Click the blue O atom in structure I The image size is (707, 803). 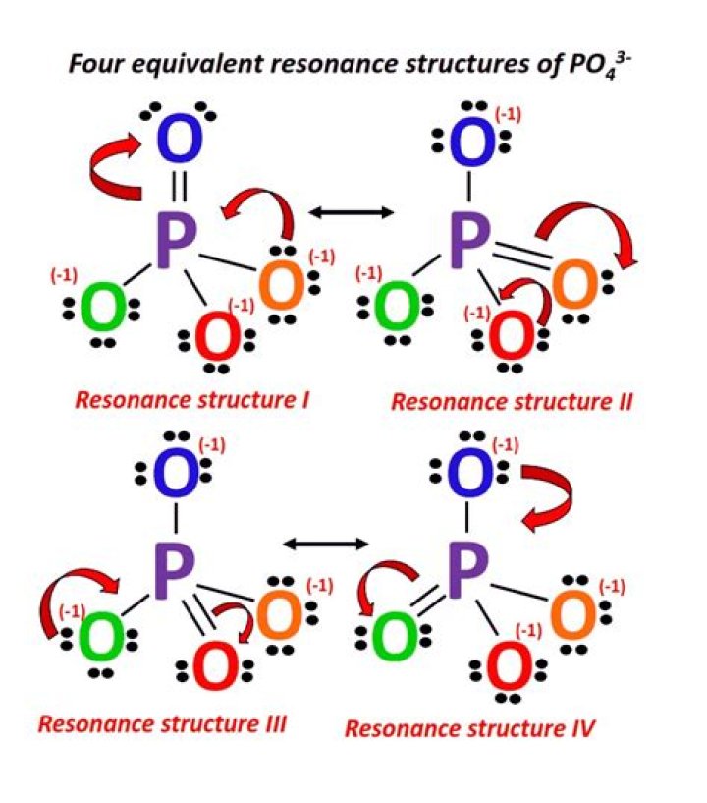(x=178, y=141)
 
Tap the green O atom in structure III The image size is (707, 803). (x=100, y=637)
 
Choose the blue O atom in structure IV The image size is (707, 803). (x=470, y=473)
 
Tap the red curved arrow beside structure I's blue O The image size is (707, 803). (x=115, y=166)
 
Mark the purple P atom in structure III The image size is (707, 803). (x=178, y=567)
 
